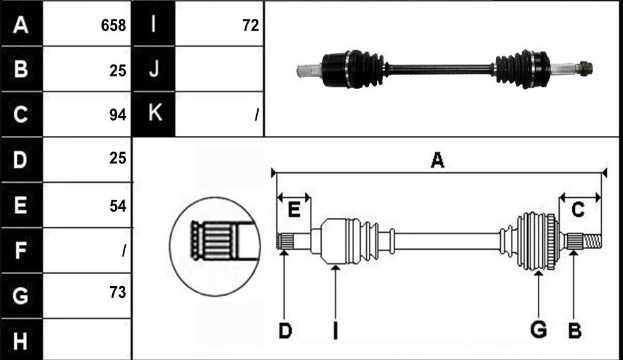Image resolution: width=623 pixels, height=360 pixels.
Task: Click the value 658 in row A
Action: pos(113,26)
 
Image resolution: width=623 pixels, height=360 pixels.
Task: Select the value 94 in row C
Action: pos(118,115)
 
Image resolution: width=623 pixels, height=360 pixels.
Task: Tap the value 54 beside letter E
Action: pos(118,206)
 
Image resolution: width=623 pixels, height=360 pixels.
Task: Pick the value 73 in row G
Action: pos(118,292)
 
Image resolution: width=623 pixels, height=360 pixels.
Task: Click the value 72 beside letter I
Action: pos(250,26)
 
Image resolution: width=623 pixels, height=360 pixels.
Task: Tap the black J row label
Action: pos(153,69)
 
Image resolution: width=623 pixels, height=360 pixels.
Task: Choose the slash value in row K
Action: pos(257,115)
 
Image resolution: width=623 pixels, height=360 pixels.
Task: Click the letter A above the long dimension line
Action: pos(438,160)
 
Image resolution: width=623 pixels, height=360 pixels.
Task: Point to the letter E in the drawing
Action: pos(294,209)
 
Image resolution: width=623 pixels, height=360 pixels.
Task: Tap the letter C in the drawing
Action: pos(578,209)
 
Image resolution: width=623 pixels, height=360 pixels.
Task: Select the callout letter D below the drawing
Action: pos(286,331)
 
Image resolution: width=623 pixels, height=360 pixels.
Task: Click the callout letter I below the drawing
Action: pos(336,331)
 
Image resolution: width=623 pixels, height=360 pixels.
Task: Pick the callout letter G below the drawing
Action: pos(538,330)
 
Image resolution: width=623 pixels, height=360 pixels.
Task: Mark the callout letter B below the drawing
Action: pos(575,331)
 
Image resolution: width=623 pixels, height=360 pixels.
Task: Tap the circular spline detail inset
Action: pos(215,246)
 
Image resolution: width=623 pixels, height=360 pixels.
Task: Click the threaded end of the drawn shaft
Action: pos(593,241)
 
